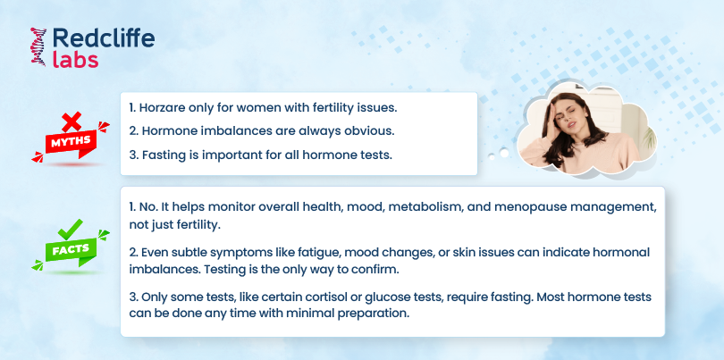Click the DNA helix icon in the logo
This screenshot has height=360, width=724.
tap(38, 46)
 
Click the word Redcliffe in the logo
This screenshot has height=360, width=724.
tap(104, 38)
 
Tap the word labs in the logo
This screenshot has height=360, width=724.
tap(75, 60)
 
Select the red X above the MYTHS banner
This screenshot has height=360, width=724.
tap(72, 121)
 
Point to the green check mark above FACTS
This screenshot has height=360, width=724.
tap(71, 229)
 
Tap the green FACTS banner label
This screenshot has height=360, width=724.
tap(71, 250)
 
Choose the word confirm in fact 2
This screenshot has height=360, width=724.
tap(378, 270)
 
